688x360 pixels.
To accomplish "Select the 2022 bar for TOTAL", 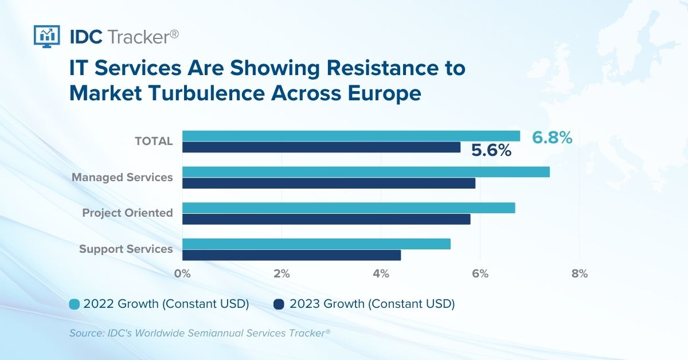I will pyautogui.click(x=351, y=136).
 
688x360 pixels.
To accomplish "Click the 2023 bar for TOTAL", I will pyautogui.click(x=321, y=147).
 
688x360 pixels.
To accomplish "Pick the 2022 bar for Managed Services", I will pyautogui.click(x=366, y=172).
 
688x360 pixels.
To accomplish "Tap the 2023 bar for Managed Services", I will pyautogui.click(x=329, y=183).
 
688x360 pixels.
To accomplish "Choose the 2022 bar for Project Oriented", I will pyautogui.click(x=349, y=208).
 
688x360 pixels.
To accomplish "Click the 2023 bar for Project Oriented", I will pyautogui.click(x=326, y=219).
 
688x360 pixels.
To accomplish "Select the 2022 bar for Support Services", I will pyautogui.click(x=316, y=244).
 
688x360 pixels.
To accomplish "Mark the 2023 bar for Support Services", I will pyautogui.click(x=291, y=255).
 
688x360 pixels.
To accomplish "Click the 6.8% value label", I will pyautogui.click(x=552, y=138).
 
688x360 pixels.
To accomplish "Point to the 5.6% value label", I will pyautogui.click(x=491, y=151).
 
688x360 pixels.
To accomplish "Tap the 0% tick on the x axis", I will pyautogui.click(x=182, y=273).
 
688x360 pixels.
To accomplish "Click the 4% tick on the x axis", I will pyautogui.click(x=381, y=273).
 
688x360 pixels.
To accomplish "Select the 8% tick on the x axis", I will pyautogui.click(x=580, y=273).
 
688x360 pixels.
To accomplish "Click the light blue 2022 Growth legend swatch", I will pyautogui.click(x=74, y=304).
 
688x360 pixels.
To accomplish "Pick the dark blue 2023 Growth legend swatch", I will pyautogui.click(x=279, y=304).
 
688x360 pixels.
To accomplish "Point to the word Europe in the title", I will pyautogui.click(x=385, y=93).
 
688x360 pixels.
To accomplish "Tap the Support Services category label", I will pyautogui.click(x=126, y=249).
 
